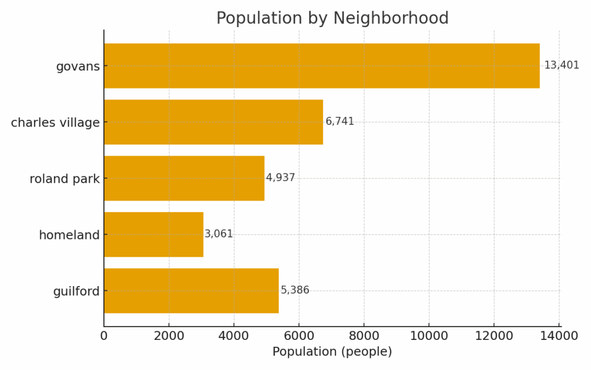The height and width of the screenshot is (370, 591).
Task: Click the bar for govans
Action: pos(321,66)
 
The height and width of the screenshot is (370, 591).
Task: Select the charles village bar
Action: pos(214,122)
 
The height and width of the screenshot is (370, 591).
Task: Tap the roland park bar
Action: pos(184,178)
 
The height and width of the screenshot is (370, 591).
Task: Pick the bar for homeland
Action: pos(154,234)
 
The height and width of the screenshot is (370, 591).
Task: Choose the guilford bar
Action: pos(191,291)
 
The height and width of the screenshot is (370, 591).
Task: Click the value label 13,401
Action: pos(562,65)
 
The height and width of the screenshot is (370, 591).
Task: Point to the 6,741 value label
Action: pos(340,121)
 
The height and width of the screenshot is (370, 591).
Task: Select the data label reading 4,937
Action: pos(280,177)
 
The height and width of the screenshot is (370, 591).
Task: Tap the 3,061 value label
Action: pos(219,234)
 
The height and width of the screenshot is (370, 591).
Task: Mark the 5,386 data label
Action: pos(295,290)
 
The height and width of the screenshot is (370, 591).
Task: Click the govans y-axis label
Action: pos(78,66)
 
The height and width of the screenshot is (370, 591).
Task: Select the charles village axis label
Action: pos(55,123)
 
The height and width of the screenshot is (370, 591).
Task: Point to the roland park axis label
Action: pos(65,179)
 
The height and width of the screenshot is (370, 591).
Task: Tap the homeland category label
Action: pos(69,235)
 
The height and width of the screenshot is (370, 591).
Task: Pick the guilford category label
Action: pos(76,291)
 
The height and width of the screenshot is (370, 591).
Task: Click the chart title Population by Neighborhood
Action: pos(332,18)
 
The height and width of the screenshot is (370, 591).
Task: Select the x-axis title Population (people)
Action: pos(332,352)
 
